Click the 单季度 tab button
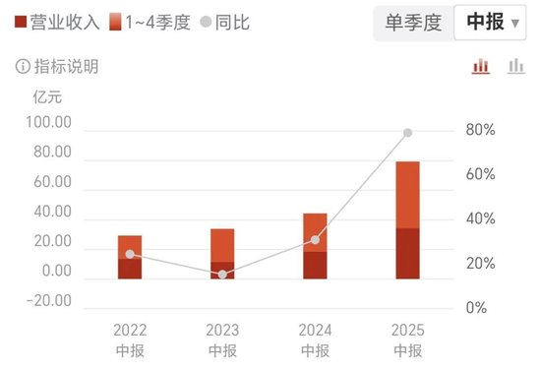413,22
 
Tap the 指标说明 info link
57,67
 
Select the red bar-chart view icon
481,66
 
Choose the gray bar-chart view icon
515,66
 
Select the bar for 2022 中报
130,257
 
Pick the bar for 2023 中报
222,254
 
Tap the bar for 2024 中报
315,246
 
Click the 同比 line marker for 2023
222,275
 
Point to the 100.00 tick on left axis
49,123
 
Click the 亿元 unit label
47,96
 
